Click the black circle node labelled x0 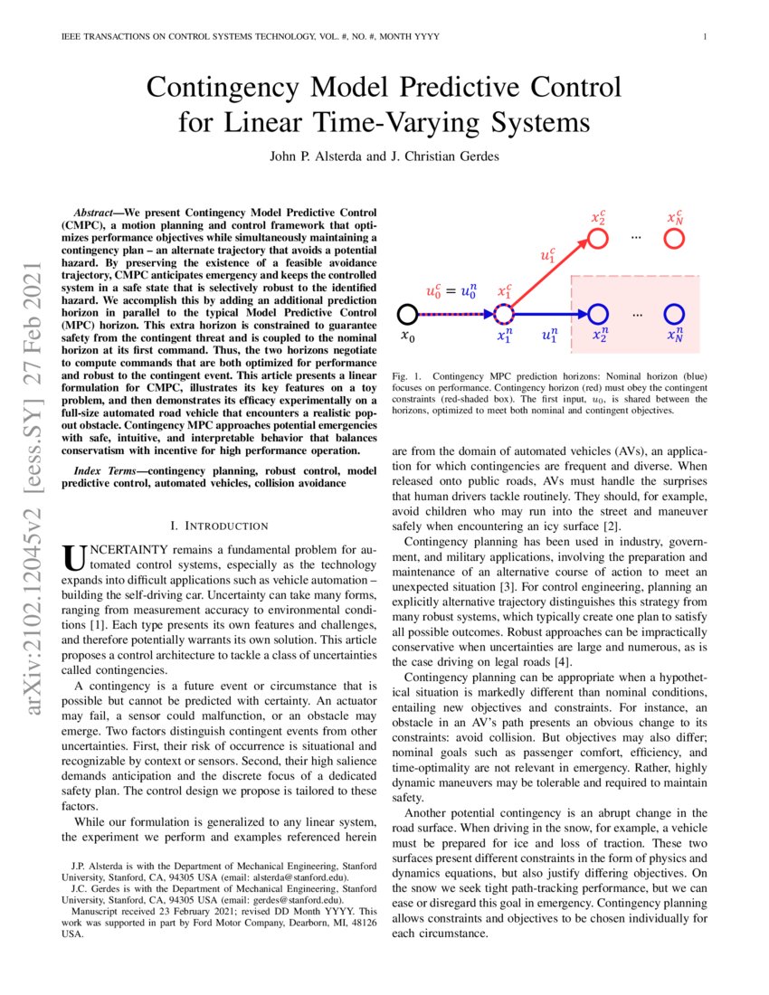point(407,314)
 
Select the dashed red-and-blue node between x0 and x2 point(504,314)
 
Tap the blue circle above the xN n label point(674,314)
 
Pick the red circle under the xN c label point(674,239)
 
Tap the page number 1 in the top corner point(704,37)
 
